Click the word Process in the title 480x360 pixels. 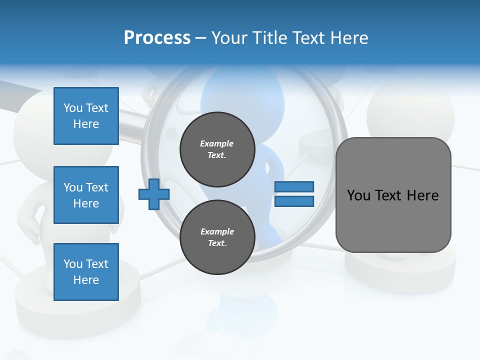click(157, 38)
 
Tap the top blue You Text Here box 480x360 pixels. click(86, 116)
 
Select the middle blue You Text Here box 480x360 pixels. click(86, 195)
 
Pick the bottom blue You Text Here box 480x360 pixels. click(86, 271)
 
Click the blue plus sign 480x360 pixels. click(154, 194)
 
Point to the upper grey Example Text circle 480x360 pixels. click(217, 149)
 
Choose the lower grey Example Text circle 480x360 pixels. click(217, 237)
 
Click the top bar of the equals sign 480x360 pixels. click(294, 186)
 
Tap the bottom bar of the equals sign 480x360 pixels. click(294, 201)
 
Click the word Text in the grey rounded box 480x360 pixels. click(389, 195)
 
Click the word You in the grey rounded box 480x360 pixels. click(358, 195)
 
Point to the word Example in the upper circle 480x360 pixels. click(217, 143)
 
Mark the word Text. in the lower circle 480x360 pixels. click(217, 243)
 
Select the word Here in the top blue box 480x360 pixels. click(86, 124)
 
